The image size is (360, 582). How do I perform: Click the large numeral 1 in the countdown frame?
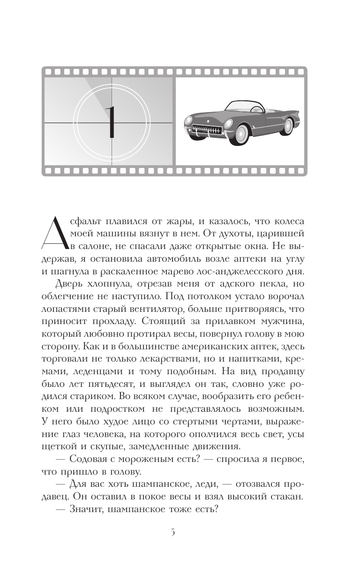111,122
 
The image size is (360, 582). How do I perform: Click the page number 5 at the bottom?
172,532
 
